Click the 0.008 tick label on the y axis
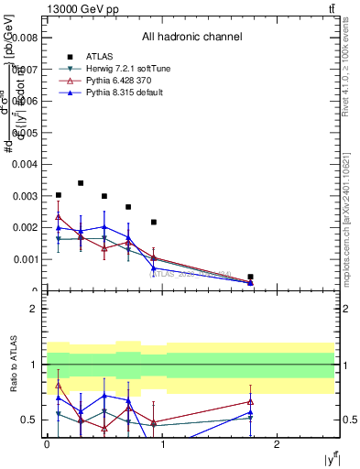tap(26, 38)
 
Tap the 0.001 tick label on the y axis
tap(26, 259)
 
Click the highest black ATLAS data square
tap(81, 183)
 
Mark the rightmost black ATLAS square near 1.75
tap(250, 277)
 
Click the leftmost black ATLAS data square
tap(59, 195)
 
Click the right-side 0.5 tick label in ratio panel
tap(349, 420)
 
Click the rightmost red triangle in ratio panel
tap(250, 401)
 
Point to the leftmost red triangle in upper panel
tap(59, 217)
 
